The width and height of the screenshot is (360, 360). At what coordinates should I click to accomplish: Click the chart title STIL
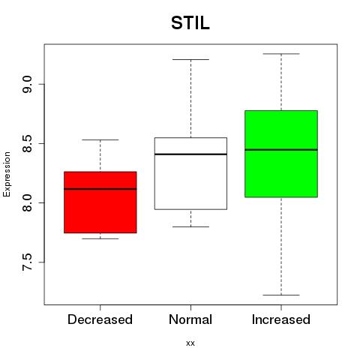click(x=190, y=23)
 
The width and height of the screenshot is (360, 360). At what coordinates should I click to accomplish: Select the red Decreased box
click(x=100, y=202)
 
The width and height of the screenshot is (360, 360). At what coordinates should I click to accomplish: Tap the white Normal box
click(x=190, y=173)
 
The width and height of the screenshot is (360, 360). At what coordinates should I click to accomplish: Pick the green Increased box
click(x=281, y=154)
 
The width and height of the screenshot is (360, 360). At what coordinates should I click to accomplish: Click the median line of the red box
click(x=100, y=189)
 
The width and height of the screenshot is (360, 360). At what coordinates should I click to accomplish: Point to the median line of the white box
click(x=190, y=154)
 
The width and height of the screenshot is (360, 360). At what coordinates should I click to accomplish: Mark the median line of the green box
click(x=281, y=150)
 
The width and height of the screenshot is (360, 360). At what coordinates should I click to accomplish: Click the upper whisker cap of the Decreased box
click(x=100, y=139)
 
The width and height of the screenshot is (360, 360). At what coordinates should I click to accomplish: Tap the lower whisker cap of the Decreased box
click(x=100, y=238)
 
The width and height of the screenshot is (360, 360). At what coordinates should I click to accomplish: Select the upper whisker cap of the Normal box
click(x=190, y=59)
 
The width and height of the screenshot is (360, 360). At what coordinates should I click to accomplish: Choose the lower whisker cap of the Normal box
click(x=190, y=226)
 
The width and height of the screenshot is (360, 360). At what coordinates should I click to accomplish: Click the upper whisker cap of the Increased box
click(x=281, y=54)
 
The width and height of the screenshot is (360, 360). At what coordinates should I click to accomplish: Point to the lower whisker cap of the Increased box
click(x=281, y=295)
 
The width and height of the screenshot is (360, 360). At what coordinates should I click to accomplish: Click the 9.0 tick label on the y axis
click(x=27, y=85)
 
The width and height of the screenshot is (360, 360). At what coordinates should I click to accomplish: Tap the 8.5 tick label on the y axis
click(x=27, y=144)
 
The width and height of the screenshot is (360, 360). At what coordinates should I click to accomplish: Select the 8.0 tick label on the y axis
click(x=27, y=203)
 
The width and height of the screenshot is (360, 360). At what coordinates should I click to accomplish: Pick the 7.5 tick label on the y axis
click(x=27, y=262)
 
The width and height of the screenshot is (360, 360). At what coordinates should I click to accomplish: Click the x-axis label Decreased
click(x=100, y=319)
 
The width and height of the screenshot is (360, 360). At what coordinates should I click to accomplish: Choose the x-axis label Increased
click(x=281, y=319)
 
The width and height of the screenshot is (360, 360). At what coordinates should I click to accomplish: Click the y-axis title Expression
click(x=7, y=174)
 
